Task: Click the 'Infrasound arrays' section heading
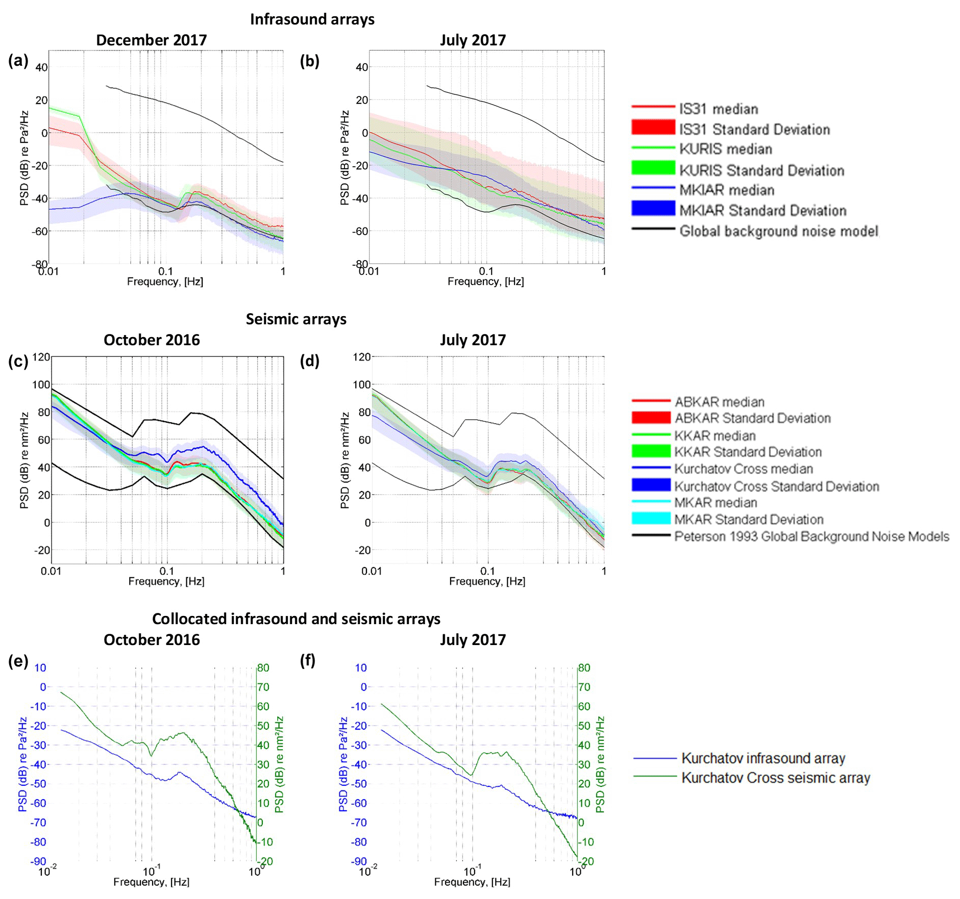[312, 19]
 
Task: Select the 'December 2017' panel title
[152, 40]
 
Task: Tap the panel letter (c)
[18, 361]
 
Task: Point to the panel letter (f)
[308, 660]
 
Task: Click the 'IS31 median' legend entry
[719, 109]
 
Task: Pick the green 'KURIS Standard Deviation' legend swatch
[653, 168]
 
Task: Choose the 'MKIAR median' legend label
[727, 190]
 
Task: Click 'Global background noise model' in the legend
[779, 232]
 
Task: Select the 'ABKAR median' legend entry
[720, 402]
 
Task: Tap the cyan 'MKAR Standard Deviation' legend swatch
[651, 519]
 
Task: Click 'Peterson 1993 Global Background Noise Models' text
[811, 536]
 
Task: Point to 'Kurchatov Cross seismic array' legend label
[776, 778]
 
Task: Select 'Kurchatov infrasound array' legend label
[764, 758]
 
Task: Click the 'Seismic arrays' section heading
[296, 319]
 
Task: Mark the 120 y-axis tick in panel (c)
[41, 357]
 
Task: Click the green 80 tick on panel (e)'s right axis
[263, 668]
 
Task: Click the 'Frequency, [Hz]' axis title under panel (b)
[485, 281]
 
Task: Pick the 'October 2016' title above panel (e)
[152, 640]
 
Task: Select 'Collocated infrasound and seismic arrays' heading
[296, 619]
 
